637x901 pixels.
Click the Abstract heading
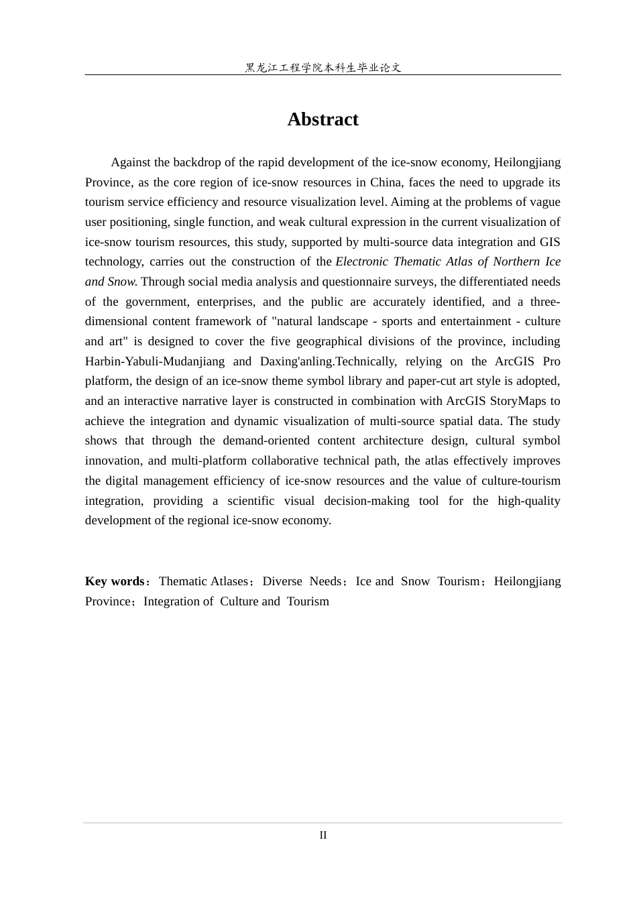323,119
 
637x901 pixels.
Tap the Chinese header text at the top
323,68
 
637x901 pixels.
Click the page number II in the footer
323,835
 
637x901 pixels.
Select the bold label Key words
115,581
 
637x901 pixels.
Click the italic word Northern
516,261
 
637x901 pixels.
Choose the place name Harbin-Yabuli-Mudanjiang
155,361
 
